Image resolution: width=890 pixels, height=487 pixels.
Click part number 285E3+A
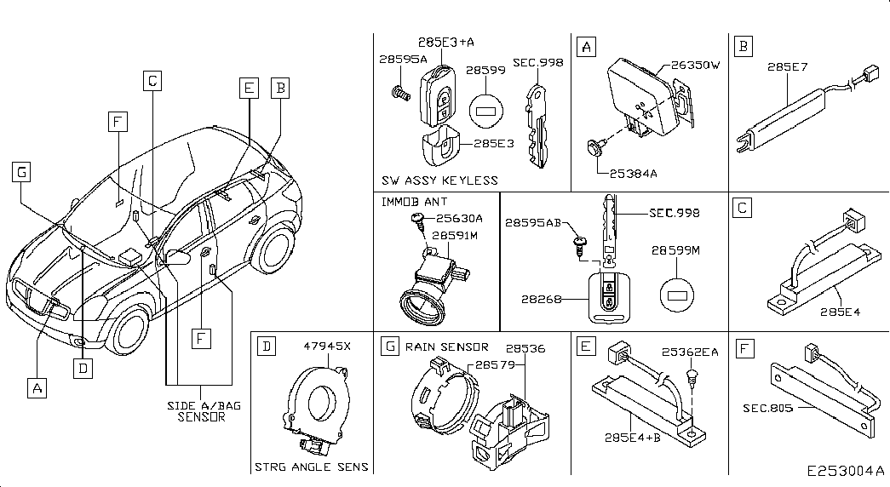click(x=446, y=42)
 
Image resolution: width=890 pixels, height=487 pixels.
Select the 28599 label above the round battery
click(x=485, y=70)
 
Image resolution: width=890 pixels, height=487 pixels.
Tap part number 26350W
click(x=695, y=65)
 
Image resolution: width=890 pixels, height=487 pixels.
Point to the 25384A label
click(x=634, y=174)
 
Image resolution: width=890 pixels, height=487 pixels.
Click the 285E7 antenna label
click(x=787, y=67)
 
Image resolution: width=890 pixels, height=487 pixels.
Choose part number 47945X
click(x=327, y=346)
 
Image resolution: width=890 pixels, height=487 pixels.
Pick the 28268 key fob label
click(x=542, y=299)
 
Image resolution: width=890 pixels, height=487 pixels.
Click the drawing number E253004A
click(x=846, y=471)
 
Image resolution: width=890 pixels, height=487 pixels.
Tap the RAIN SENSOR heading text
click(x=446, y=347)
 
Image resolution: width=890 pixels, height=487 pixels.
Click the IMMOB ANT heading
click(x=415, y=202)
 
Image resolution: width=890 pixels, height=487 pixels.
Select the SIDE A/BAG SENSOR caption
click(x=204, y=411)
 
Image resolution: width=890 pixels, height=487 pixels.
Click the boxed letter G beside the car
click(x=21, y=172)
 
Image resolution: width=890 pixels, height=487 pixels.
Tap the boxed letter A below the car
click(x=37, y=388)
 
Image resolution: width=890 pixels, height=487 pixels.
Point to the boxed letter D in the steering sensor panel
click(x=267, y=346)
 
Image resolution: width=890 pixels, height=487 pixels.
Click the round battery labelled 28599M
click(x=677, y=295)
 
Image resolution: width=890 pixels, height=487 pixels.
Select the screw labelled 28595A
click(x=401, y=93)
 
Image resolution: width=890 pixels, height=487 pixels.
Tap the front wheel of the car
click(x=130, y=332)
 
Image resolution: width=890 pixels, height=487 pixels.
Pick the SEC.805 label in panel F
click(x=767, y=408)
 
